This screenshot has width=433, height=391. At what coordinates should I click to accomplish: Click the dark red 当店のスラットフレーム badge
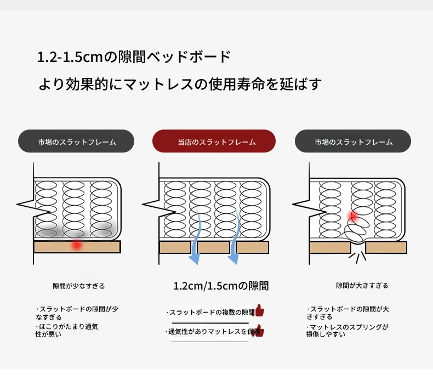[x=214, y=141]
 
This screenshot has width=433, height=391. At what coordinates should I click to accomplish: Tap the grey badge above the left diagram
[x=76, y=141]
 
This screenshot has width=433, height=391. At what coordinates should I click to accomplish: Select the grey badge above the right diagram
[x=353, y=141]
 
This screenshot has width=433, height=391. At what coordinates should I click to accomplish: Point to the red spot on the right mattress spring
[x=354, y=216]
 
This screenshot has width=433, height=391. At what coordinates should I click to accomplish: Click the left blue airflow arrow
[x=196, y=241]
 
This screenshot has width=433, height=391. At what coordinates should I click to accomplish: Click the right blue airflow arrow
[x=233, y=241]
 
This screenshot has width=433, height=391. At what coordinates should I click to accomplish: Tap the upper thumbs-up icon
[x=259, y=311]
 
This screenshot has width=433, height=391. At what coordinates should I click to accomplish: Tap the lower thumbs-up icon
[x=259, y=331]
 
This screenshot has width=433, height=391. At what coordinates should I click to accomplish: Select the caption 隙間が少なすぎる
[x=78, y=286]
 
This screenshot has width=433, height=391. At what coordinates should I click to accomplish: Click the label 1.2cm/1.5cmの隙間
[x=221, y=286]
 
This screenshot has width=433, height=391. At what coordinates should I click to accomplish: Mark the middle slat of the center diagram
[x=214, y=247]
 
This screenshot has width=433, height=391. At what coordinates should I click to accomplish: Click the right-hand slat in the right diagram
[x=386, y=247]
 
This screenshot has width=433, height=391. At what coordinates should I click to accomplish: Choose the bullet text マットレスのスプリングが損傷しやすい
[x=347, y=330]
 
